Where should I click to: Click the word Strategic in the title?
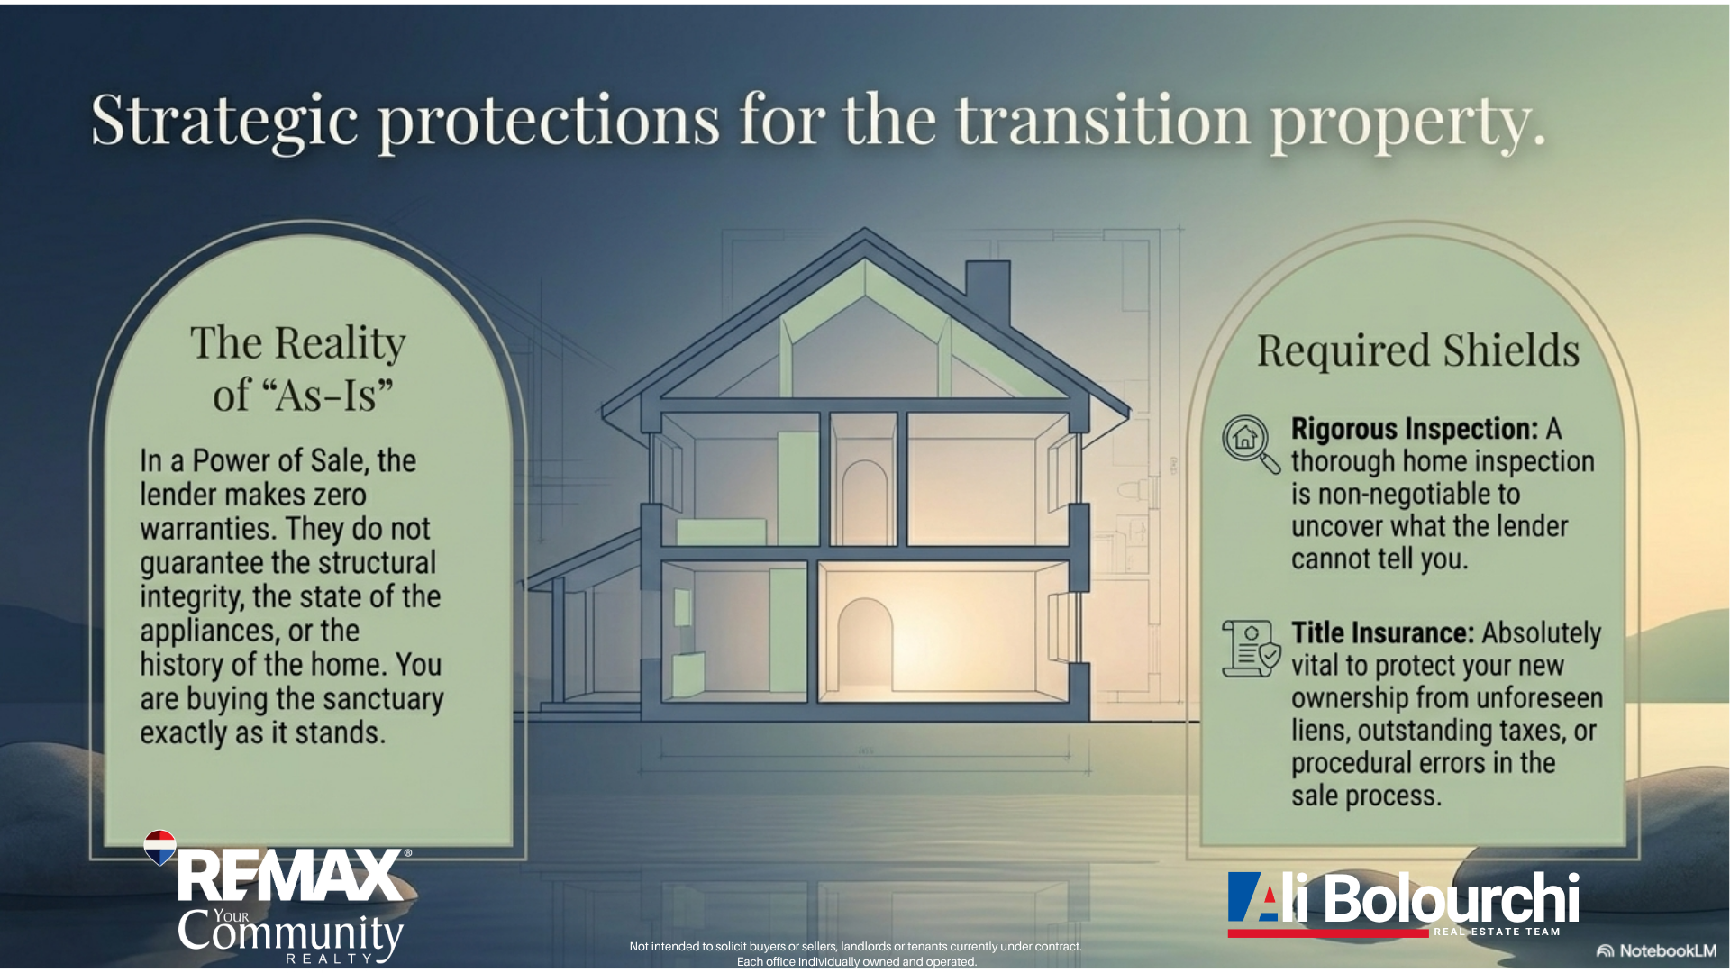click(x=224, y=122)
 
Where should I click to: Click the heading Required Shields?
click(x=1418, y=350)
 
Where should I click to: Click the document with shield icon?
click(x=1251, y=648)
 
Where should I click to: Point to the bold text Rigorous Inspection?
click(x=1415, y=429)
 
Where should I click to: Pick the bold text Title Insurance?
click(x=1382, y=632)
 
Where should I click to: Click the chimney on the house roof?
click(x=988, y=293)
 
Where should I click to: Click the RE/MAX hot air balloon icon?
click(x=160, y=847)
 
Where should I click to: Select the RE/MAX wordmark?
click(x=291, y=876)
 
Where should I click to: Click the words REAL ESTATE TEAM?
click(x=1497, y=932)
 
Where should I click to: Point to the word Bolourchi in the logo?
click(x=1452, y=898)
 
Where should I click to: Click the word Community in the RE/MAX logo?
click(x=290, y=933)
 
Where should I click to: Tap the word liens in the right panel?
click(x=1320, y=730)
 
